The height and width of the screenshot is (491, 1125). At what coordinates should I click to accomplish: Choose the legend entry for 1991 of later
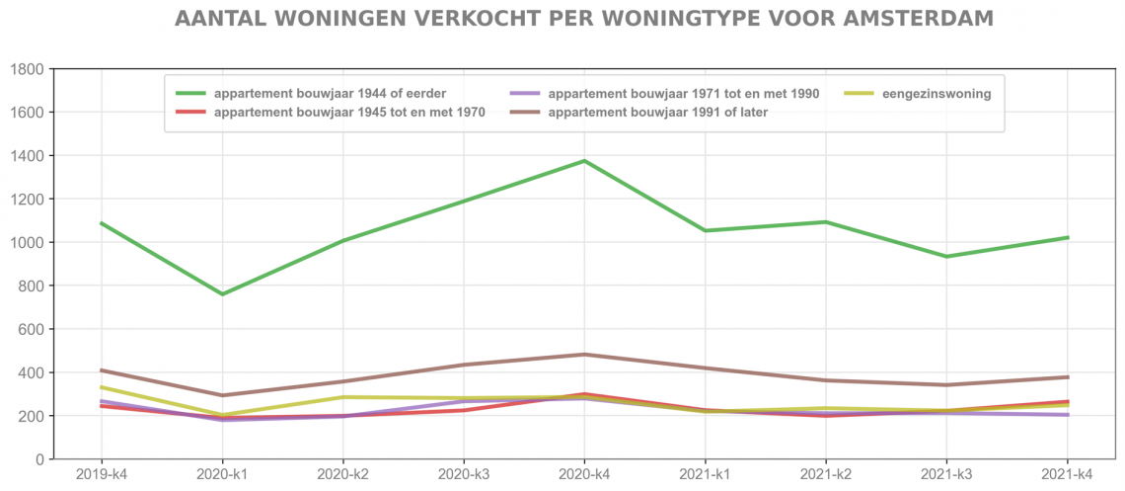pyautogui.click(x=657, y=113)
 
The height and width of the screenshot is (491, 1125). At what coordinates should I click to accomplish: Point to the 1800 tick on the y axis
pyautogui.click(x=27, y=69)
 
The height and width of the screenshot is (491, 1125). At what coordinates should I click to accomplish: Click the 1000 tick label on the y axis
pyautogui.click(x=27, y=243)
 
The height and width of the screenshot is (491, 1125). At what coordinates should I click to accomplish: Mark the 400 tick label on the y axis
pyautogui.click(x=31, y=373)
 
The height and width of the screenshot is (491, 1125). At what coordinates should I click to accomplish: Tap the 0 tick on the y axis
pyautogui.click(x=39, y=460)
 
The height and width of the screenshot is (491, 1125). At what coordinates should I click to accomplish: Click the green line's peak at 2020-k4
pyautogui.click(x=584, y=161)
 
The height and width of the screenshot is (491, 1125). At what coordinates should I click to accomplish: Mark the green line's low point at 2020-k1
pyautogui.click(x=222, y=294)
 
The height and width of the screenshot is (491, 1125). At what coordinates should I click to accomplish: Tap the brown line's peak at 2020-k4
pyautogui.click(x=584, y=355)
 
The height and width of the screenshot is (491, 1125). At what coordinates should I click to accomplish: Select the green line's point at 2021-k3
pyautogui.click(x=947, y=257)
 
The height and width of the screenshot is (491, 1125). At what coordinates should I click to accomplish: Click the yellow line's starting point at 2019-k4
pyautogui.click(x=102, y=387)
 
